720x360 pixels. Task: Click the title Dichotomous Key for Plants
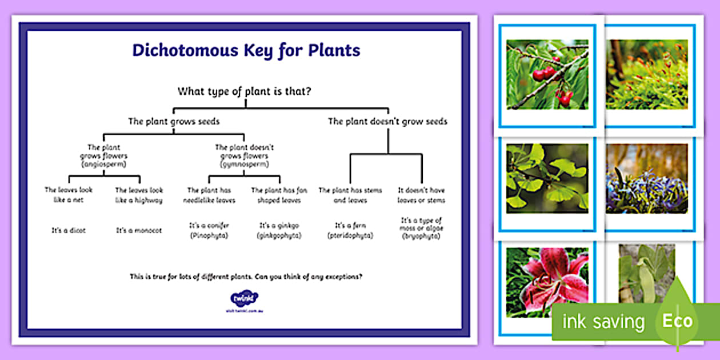246,50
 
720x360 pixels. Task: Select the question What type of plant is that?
245,91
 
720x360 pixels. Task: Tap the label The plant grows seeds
174,121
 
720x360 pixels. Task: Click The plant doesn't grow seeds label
387,121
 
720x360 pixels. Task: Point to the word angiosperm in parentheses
103,164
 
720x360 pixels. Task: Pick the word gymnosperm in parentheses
245,164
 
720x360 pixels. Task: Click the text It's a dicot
69,231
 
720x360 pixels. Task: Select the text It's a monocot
139,231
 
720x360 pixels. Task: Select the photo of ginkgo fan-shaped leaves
547,176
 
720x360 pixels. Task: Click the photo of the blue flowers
647,178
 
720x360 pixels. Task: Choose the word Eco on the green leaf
677,321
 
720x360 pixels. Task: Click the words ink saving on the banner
603,322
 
